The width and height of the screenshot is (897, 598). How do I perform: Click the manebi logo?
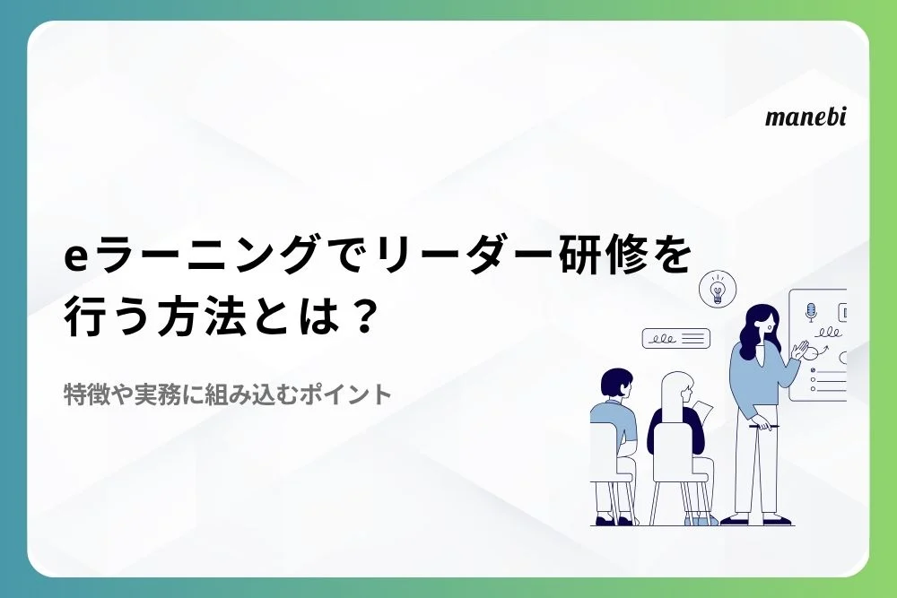click(x=805, y=117)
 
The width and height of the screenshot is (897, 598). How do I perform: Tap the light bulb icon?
click(x=718, y=289)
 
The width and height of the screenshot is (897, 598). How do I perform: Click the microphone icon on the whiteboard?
click(x=811, y=312)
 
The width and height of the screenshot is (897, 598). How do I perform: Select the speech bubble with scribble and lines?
click(x=675, y=338)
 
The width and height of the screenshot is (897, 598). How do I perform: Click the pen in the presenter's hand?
click(x=763, y=427)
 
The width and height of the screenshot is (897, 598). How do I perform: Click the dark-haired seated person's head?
click(x=615, y=385)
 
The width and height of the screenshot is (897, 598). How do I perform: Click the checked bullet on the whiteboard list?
click(x=813, y=370)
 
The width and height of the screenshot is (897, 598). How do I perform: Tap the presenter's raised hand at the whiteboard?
click(x=799, y=350)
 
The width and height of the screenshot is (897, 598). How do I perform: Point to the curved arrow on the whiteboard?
click(x=823, y=351)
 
